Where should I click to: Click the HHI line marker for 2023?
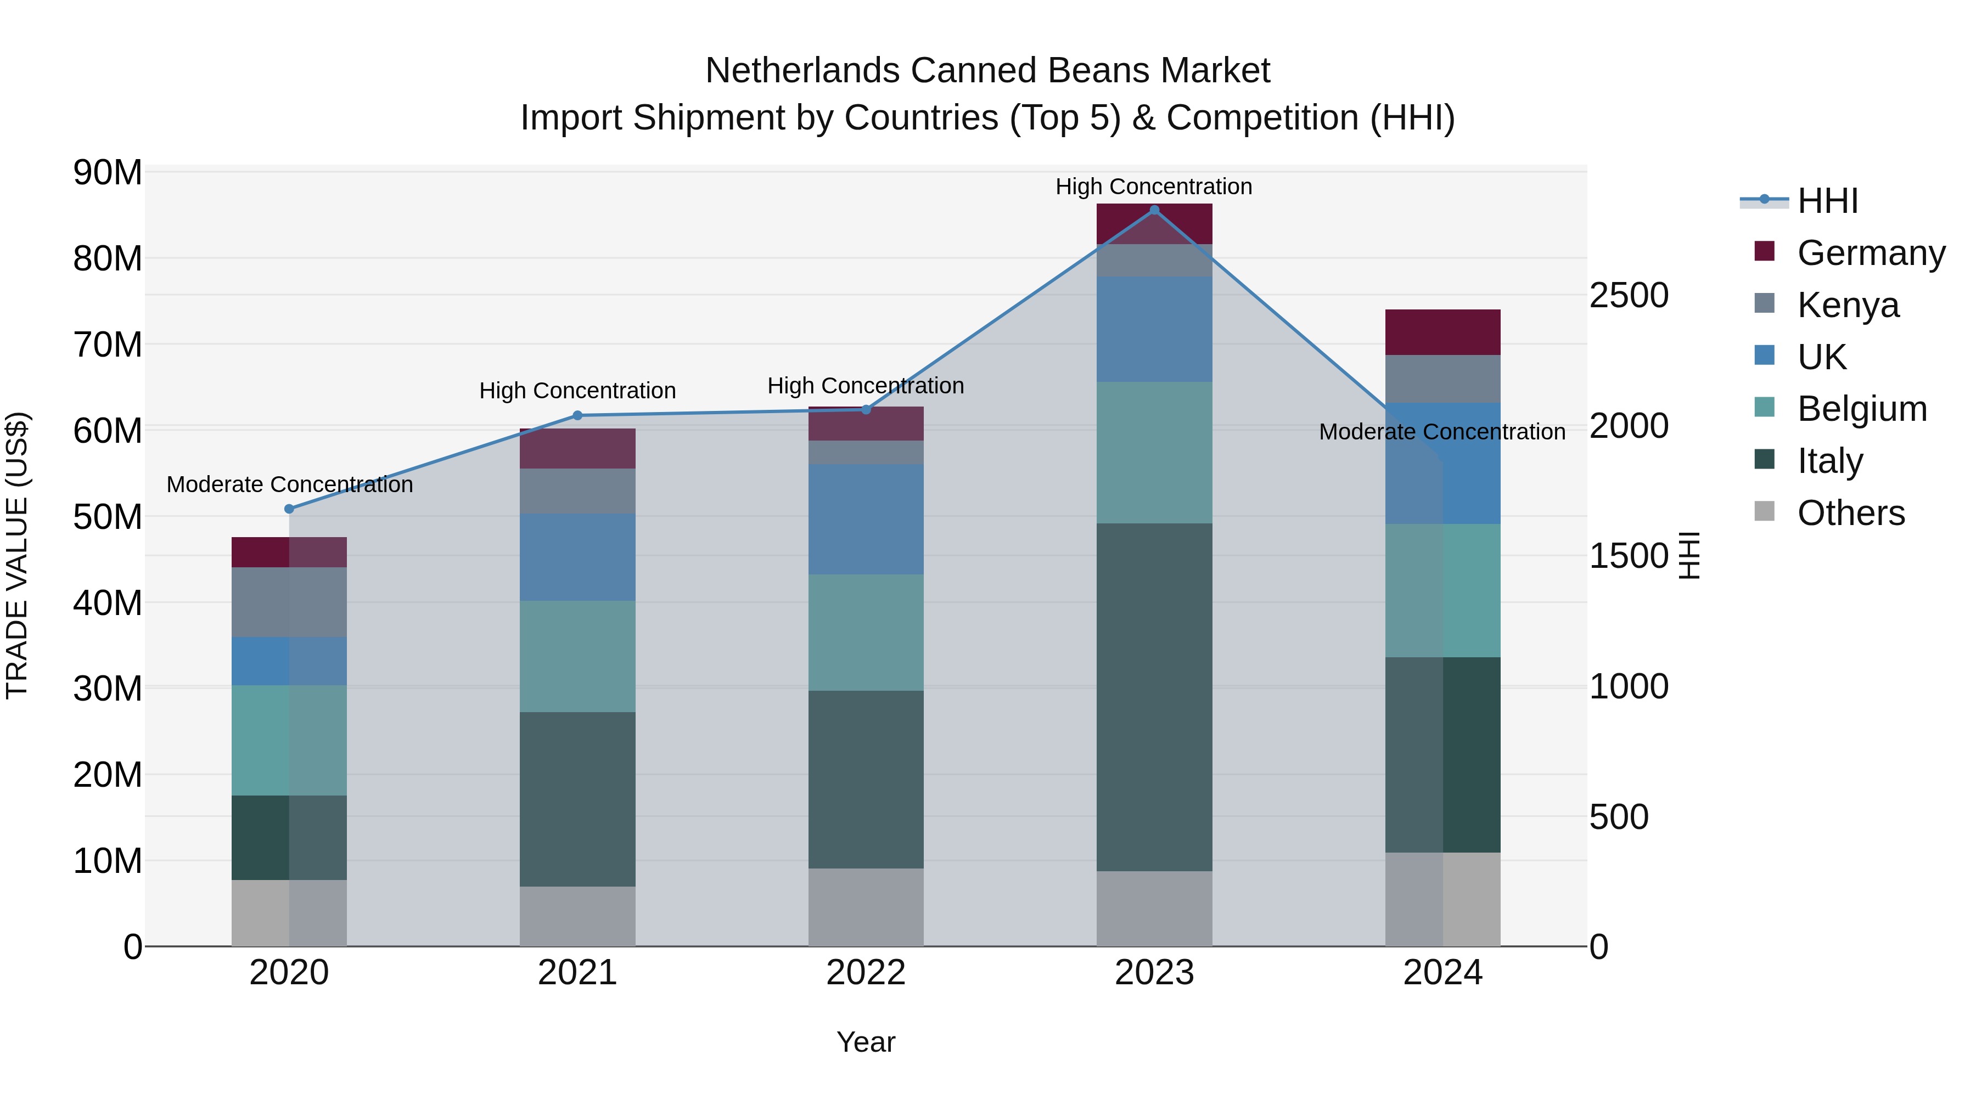pyautogui.click(x=1154, y=210)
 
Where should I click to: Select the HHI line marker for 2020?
pyautogui.click(x=289, y=509)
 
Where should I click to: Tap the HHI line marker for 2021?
pyautogui.click(x=577, y=415)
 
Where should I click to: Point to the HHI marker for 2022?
pyautogui.click(x=866, y=409)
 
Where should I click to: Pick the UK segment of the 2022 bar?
pyautogui.click(x=866, y=519)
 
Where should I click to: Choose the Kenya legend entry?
pyautogui.click(x=1848, y=305)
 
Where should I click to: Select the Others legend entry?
pyautogui.click(x=1850, y=513)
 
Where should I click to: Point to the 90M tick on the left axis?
pyautogui.click(x=108, y=172)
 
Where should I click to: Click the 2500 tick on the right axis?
pyautogui.click(x=1629, y=296)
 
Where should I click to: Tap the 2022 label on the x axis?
pyautogui.click(x=866, y=973)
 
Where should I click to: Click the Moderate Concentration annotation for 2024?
pyautogui.click(x=1441, y=432)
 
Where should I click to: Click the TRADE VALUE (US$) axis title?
pyautogui.click(x=17, y=555)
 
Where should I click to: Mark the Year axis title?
pyautogui.click(x=866, y=1042)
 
